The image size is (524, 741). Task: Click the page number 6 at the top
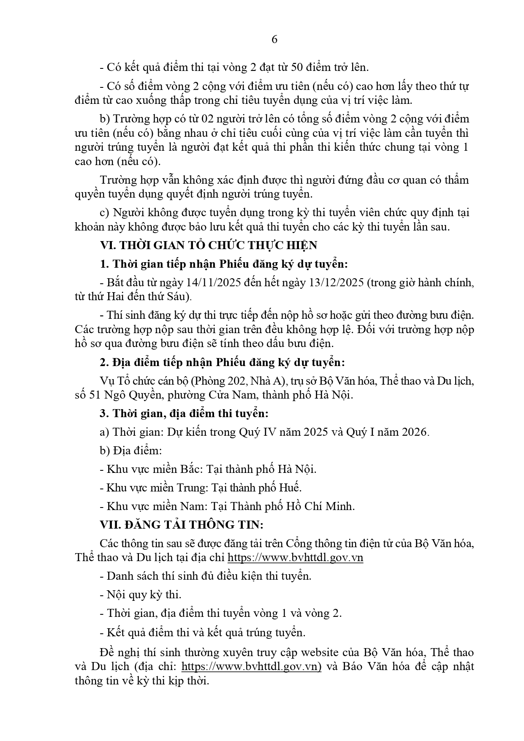[274, 40]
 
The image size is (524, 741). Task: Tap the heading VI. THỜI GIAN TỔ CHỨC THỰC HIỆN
[208, 245]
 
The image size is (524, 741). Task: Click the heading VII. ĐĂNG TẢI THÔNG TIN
[182, 524]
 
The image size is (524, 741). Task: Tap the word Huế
[289, 488]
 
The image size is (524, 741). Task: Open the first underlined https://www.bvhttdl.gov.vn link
[295, 557]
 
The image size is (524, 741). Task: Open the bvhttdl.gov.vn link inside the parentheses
[251, 666]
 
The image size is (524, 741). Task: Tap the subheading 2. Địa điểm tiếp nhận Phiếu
[223, 363]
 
